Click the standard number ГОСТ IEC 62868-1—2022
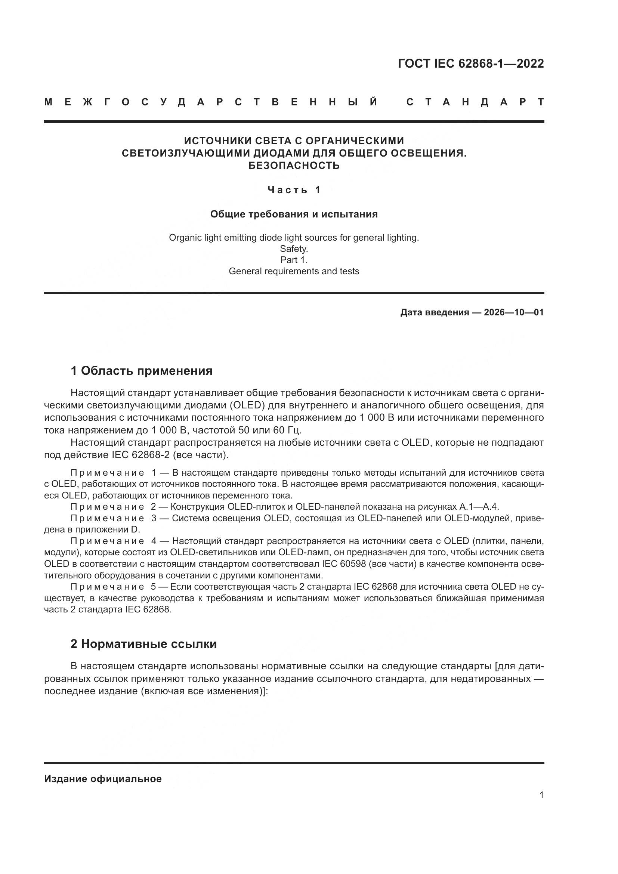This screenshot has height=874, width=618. tap(471, 63)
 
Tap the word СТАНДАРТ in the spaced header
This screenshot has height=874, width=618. tap(475, 102)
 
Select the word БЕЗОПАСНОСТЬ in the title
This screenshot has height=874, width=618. tap(294, 166)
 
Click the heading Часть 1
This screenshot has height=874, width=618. tap(294, 189)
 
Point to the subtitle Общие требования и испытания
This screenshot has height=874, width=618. tap(294, 214)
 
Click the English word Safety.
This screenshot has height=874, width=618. tap(294, 249)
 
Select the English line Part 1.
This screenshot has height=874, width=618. tap(294, 260)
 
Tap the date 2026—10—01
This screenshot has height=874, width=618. tap(513, 313)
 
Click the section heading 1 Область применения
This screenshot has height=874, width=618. tap(141, 371)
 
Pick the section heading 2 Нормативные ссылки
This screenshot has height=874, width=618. tap(143, 644)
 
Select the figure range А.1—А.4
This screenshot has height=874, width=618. tap(479, 507)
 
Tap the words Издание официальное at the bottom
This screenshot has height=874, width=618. tap(103, 779)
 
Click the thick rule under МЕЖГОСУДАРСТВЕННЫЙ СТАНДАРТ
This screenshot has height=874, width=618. tap(294, 122)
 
